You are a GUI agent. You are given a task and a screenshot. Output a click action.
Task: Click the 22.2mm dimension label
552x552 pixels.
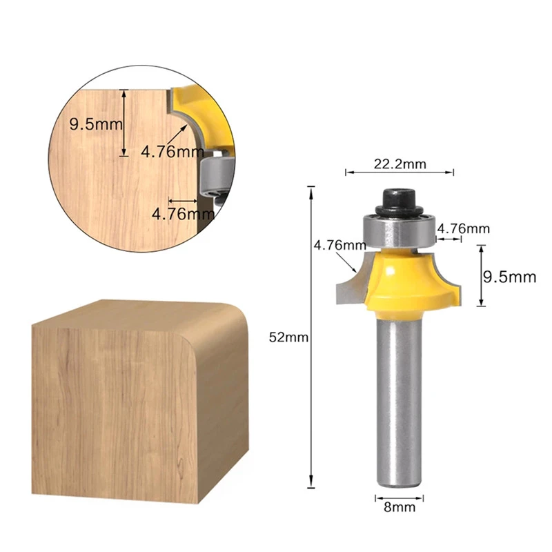tap(400, 164)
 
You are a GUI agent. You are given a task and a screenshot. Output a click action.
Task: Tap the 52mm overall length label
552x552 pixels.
tap(288, 337)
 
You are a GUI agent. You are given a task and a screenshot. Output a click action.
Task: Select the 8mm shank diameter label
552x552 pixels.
tap(400, 507)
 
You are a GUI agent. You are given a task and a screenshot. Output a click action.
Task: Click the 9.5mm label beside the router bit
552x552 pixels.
tap(509, 277)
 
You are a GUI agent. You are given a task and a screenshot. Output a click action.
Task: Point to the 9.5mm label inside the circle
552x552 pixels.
tap(96, 124)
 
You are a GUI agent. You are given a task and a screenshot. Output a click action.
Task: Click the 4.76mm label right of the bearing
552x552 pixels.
tap(463, 229)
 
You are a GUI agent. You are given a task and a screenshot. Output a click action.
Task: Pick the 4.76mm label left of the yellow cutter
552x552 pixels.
tap(339, 245)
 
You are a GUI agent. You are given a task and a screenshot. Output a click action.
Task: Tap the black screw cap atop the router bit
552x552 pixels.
tap(399, 202)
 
